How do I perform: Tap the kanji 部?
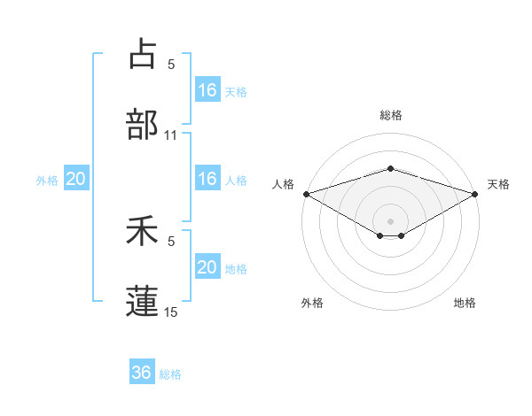142,125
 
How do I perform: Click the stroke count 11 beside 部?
171,135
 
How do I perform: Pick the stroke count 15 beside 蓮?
171,312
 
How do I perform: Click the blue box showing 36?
142,373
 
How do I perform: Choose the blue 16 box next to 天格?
207,90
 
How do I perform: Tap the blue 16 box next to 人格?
207,179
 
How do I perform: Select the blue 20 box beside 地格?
207,267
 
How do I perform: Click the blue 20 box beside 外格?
76,179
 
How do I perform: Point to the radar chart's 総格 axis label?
390,115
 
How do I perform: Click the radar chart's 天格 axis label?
498,184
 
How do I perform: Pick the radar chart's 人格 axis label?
283,184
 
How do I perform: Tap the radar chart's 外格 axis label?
312,303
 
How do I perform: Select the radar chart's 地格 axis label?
465,303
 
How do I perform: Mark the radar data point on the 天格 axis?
474,194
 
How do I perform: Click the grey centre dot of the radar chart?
390,220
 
